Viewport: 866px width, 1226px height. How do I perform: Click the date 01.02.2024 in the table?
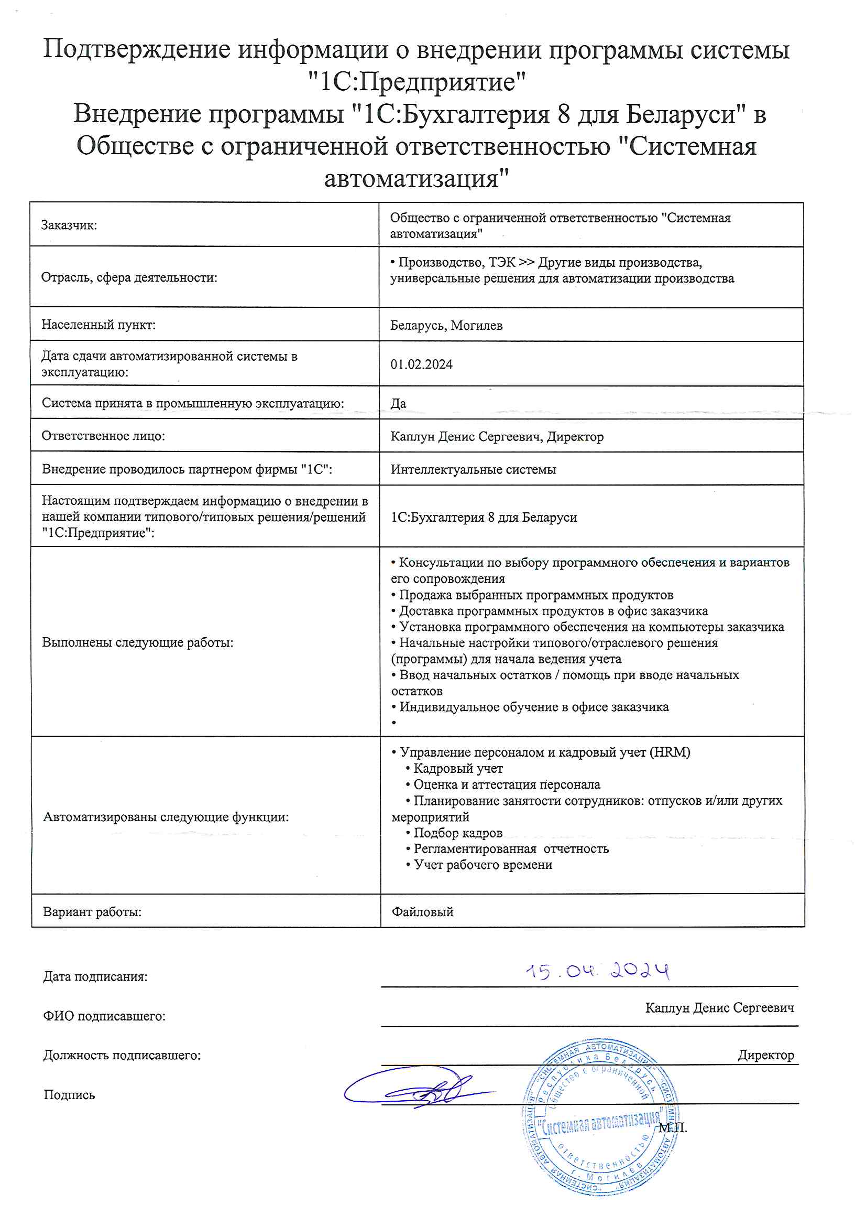pos(421,364)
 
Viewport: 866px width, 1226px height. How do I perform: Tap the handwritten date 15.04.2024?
pos(597,970)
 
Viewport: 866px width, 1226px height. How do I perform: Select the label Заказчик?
pos(69,225)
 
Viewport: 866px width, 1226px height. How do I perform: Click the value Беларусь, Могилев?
pos(446,326)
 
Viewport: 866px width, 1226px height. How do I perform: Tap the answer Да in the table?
pos(398,404)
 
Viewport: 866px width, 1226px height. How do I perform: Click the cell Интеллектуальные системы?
pos(473,470)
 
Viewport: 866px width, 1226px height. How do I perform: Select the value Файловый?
pos(423,912)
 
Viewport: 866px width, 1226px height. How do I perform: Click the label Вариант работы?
pos(92,912)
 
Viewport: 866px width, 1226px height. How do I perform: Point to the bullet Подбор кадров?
pos(457,833)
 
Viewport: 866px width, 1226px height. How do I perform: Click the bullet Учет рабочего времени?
pos(483,865)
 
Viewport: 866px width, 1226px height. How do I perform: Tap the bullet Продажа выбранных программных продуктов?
pos(535,595)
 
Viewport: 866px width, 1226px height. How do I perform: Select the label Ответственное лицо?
pos(104,436)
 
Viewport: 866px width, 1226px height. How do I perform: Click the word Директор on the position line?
pos(766,1055)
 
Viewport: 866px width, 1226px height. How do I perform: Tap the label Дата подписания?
pos(95,976)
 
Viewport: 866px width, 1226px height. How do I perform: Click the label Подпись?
pos(69,1095)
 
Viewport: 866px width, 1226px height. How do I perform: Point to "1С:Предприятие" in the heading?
pos(416,82)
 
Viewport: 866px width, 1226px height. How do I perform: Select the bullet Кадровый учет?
pos(457,769)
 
